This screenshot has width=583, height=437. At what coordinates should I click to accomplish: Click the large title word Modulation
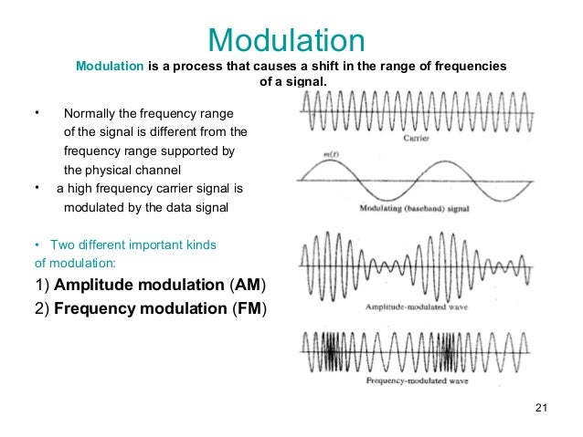[x=286, y=40]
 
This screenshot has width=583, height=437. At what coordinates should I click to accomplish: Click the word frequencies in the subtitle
[x=471, y=68]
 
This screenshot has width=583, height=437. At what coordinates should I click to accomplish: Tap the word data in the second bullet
[x=180, y=208]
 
